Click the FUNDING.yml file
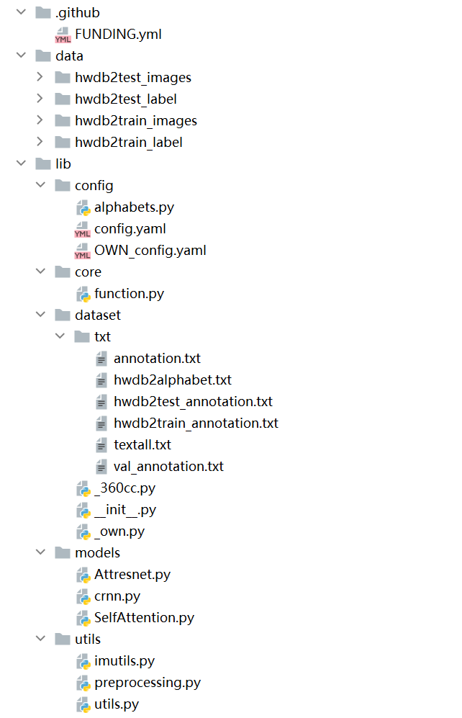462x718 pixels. coord(118,34)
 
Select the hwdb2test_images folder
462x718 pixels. coord(132,77)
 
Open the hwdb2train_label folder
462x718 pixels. coord(128,142)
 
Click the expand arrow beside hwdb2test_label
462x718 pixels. coord(40,99)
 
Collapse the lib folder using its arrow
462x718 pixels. coord(21,163)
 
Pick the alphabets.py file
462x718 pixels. coord(134,207)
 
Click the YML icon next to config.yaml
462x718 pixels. coord(83,229)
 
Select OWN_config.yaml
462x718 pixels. coord(150,250)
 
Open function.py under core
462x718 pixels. coord(129,293)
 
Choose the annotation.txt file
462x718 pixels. coord(157,358)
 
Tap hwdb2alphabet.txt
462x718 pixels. coord(172,380)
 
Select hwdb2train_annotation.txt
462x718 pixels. coord(196,423)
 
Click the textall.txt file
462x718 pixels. coord(142,444)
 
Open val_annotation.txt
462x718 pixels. coord(168,466)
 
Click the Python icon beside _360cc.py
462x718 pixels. coord(83,488)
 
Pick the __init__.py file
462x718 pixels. coord(125,509)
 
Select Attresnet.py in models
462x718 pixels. coord(132,574)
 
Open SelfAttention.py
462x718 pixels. coord(144,617)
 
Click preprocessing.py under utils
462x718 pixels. coord(148,682)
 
